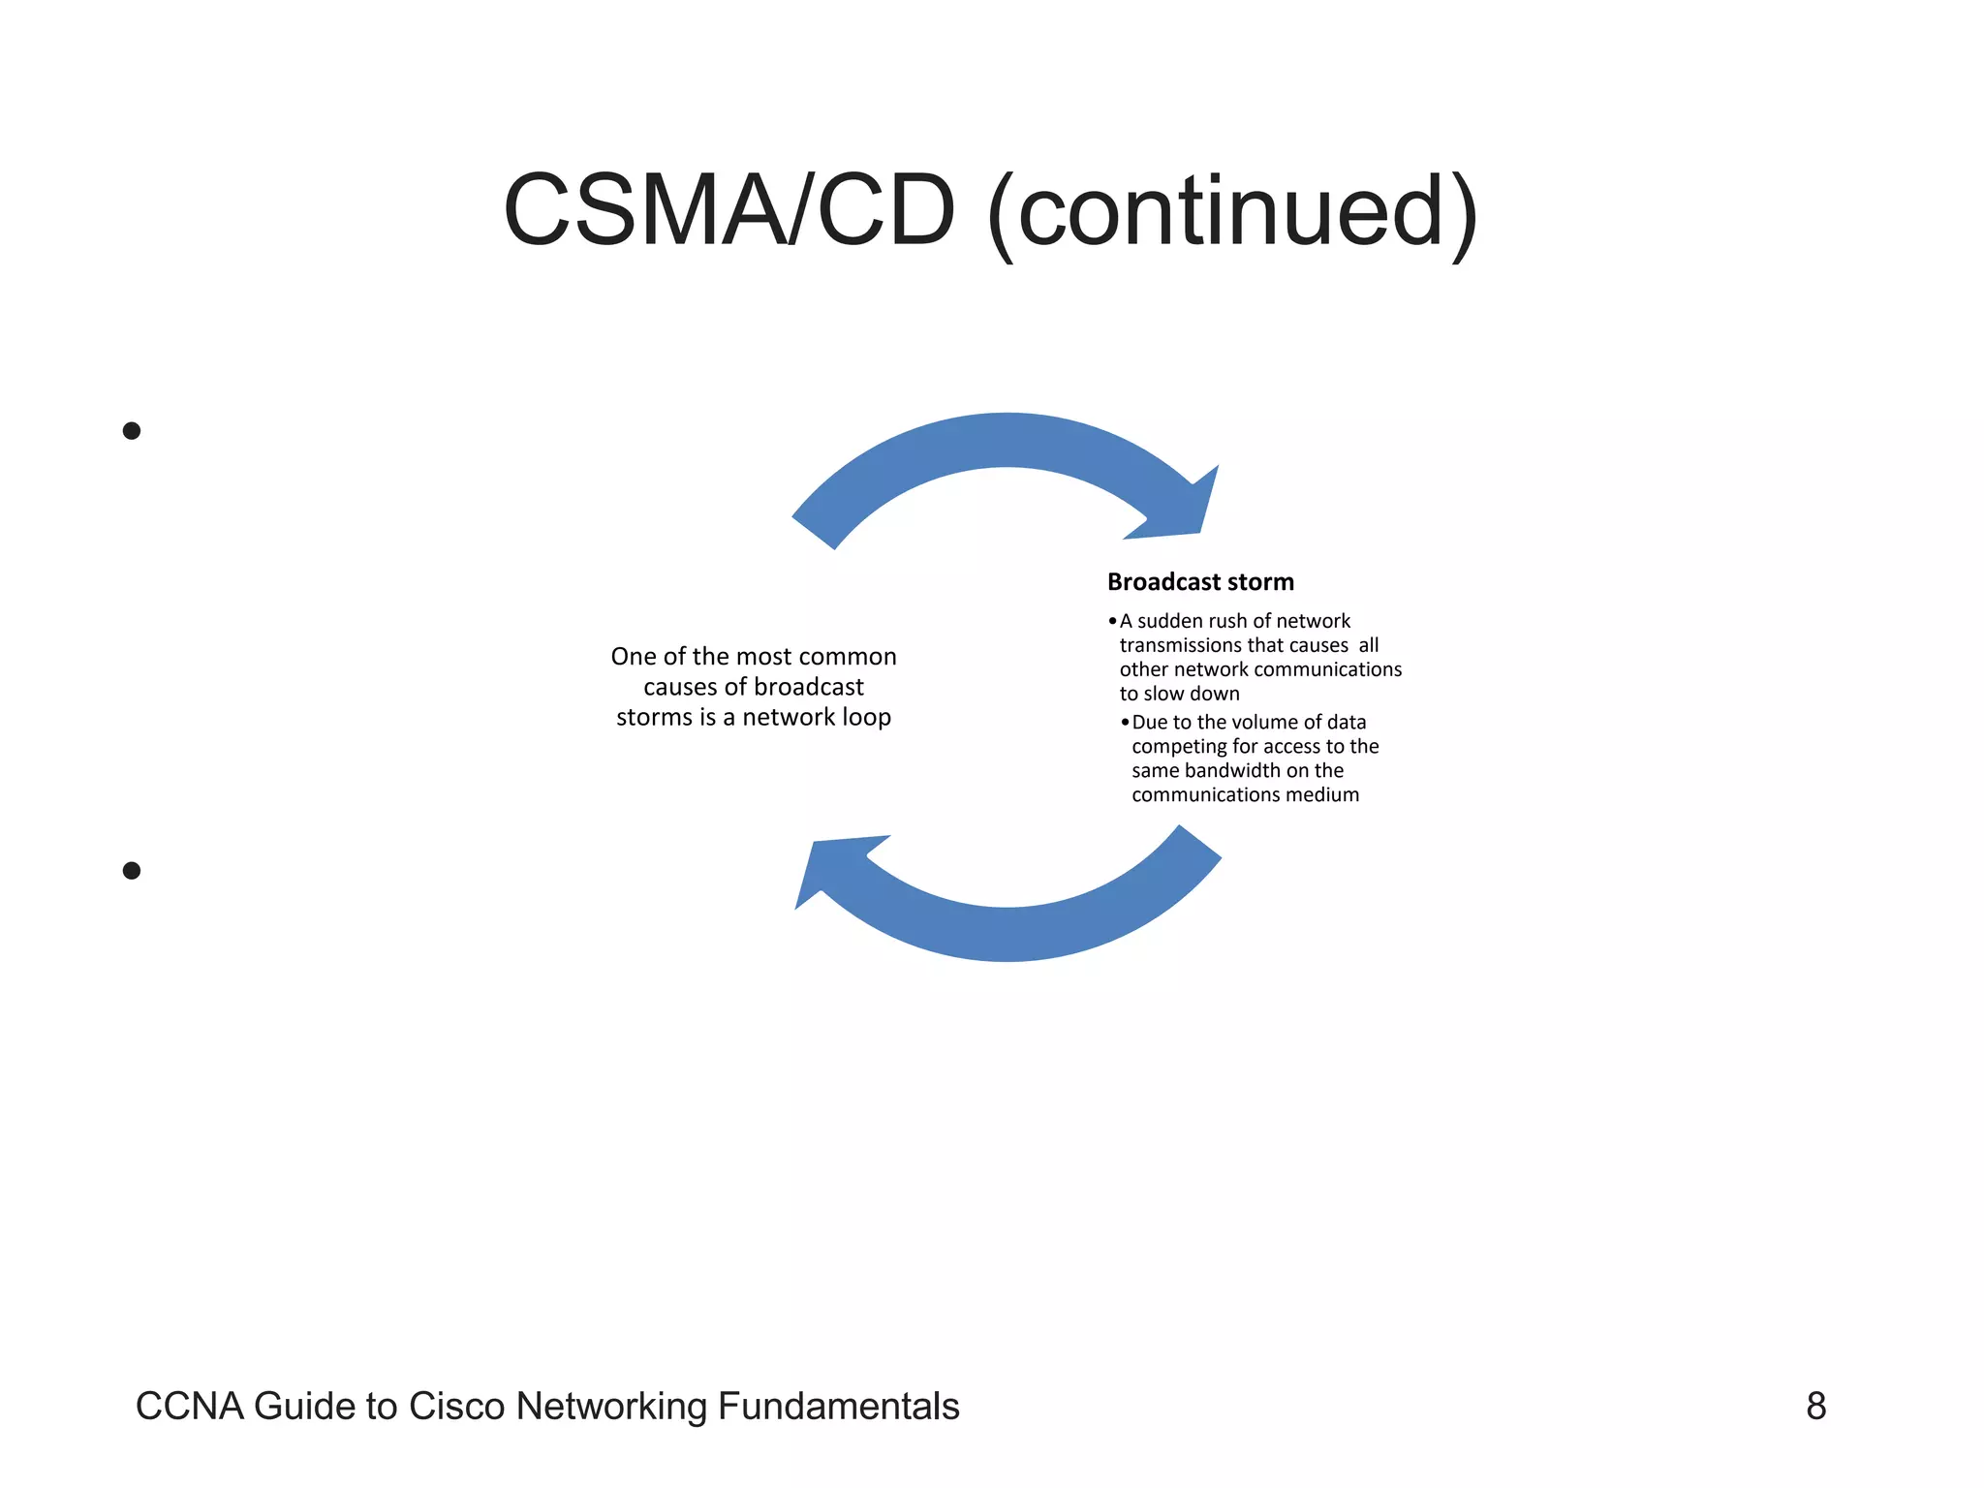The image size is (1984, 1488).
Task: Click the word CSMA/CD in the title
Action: pos(728,211)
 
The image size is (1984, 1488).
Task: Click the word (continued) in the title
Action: pos(1232,213)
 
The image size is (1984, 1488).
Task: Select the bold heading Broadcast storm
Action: pos(1200,582)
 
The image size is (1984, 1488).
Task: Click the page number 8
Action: pos(1815,1407)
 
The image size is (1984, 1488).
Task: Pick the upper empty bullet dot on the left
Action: pos(132,431)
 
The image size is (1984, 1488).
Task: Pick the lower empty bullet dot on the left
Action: pos(132,871)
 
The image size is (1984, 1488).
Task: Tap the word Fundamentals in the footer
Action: pos(838,1407)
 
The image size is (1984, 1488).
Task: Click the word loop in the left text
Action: pos(866,718)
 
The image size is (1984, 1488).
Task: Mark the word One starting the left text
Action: pos(634,657)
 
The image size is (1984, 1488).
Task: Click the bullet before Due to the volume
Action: pos(1125,723)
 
